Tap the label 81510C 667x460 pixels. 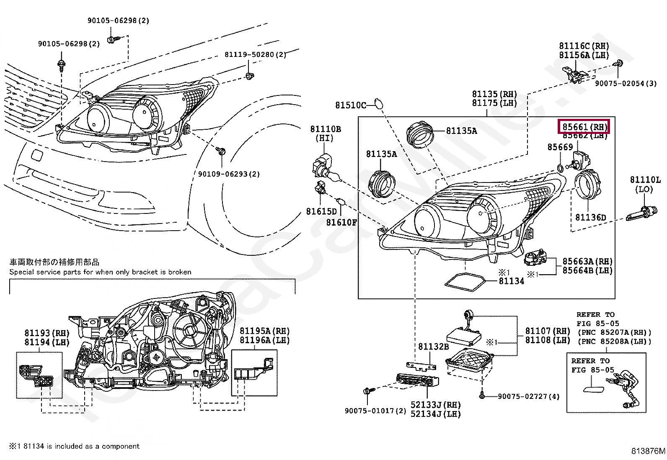click(350, 105)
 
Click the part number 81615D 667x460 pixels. click(321, 211)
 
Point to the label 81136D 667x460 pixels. click(590, 217)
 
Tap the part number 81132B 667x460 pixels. click(434, 347)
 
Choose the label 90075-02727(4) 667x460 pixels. click(528, 396)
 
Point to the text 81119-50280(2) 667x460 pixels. click(255, 55)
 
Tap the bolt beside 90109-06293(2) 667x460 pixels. click(221, 150)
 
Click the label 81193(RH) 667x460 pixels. click(47, 333)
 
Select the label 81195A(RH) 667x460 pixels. click(264, 331)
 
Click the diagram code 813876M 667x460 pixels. click(648, 451)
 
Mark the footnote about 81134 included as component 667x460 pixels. click(74, 446)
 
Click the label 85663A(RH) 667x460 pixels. click(587, 261)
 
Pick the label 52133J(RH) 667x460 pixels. click(435, 405)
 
